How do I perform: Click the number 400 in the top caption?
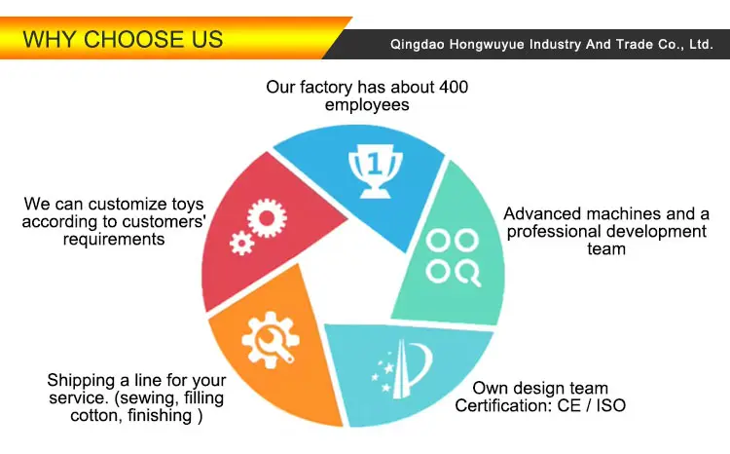pos(453,87)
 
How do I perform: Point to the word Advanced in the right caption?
pos(541,213)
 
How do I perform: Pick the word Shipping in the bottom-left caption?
pos(80,379)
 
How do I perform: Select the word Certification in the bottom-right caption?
pos(504,405)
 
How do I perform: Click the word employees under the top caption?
pos(367,104)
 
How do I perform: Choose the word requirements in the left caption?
pos(114,239)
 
